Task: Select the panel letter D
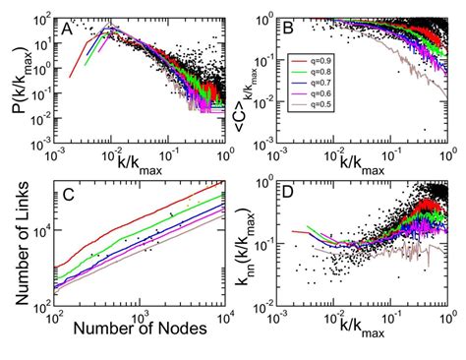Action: point(292,193)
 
